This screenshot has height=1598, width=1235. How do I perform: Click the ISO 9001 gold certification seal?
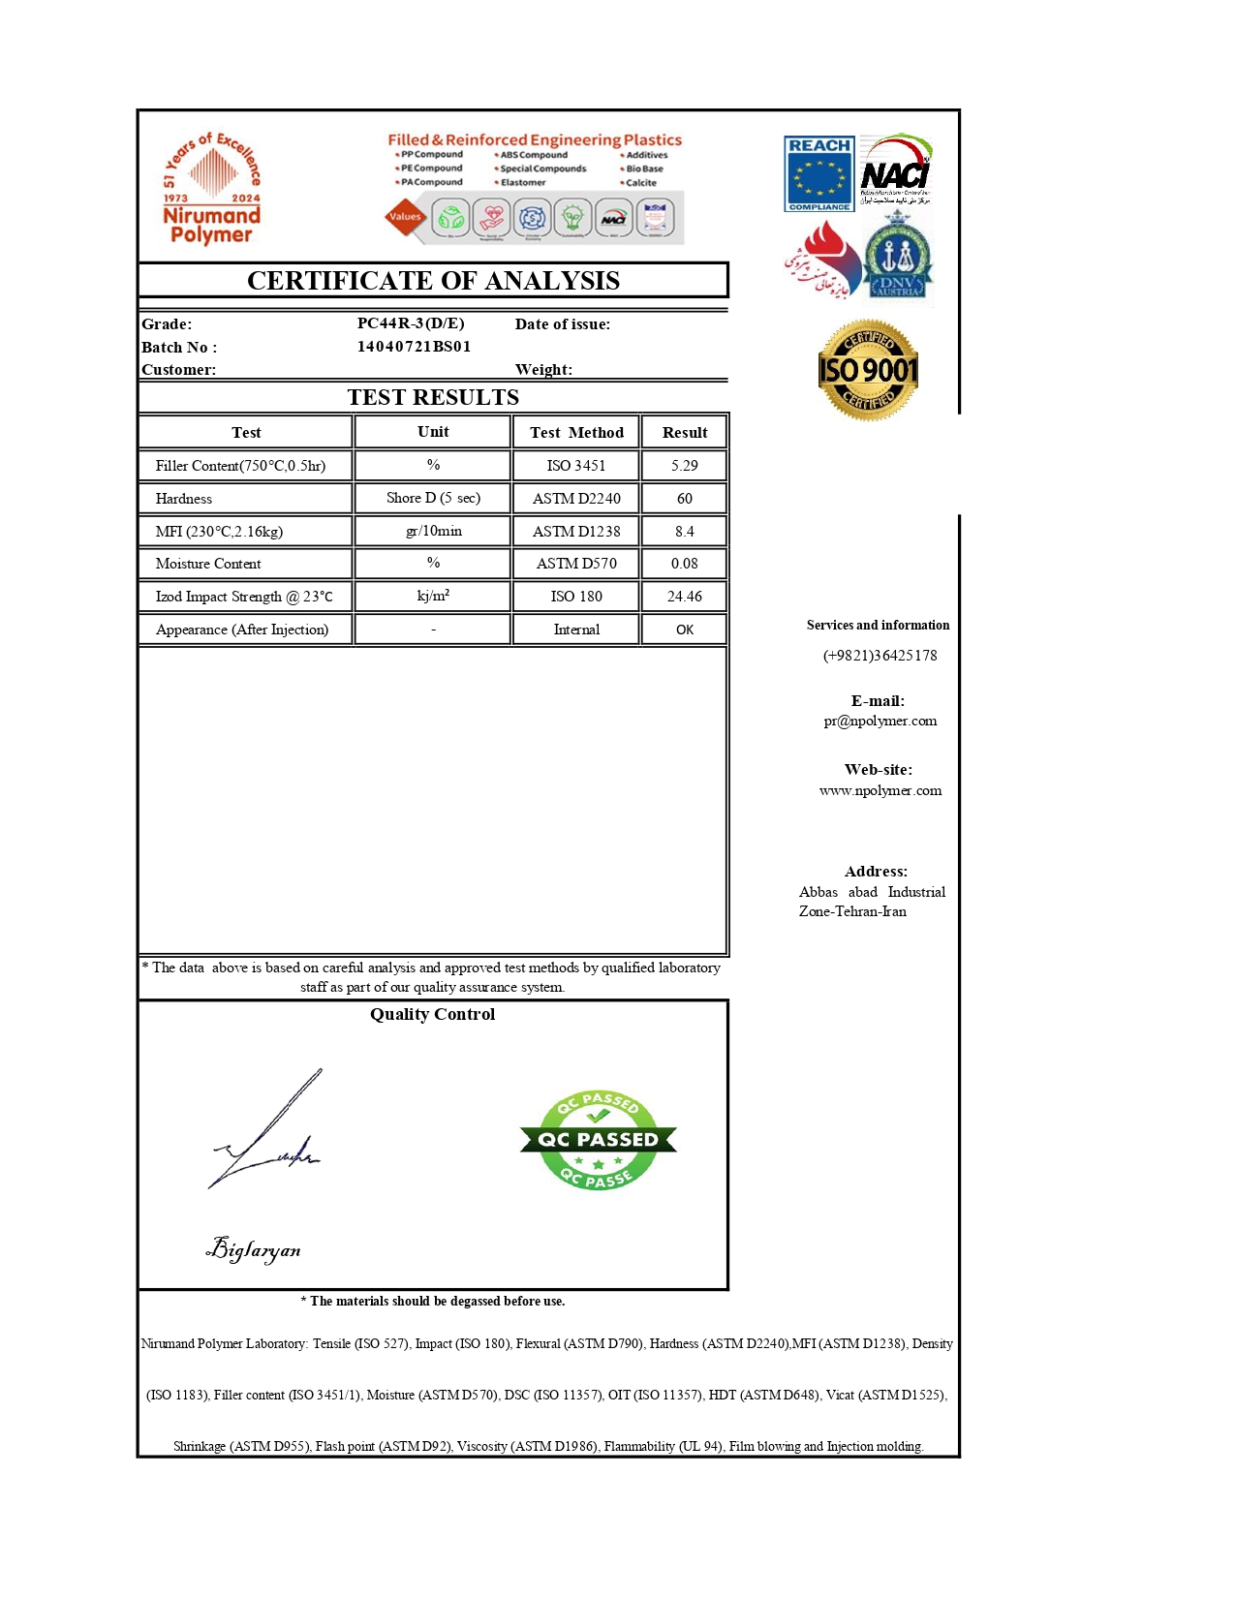point(868,370)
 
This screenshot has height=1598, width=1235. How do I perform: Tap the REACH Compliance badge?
point(818,173)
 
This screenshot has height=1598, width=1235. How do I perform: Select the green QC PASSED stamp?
point(598,1140)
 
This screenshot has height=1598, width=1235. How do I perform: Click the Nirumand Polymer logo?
point(211,188)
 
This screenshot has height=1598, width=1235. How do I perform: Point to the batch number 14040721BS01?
point(414,347)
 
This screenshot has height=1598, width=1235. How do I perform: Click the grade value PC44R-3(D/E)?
point(411,323)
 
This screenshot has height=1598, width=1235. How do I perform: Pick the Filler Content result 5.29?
point(684,466)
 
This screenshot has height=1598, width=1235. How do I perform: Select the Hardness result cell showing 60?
point(684,499)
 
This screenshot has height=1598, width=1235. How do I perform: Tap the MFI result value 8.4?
point(684,532)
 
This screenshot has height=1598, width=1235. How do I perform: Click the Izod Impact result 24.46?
point(684,597)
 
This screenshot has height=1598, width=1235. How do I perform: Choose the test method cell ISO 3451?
point(575,466)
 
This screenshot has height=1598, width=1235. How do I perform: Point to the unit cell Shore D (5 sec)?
point(433,498)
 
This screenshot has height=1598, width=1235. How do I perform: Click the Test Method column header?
point(576,433)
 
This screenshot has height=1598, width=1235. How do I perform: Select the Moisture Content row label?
point(208,564)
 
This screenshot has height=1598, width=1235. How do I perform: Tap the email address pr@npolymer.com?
point(880,721)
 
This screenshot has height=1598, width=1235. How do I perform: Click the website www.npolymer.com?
point(880,790)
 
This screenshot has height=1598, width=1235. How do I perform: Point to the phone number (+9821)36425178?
point(880,656)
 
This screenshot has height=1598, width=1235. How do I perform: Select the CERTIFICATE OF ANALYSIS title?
point(433,281)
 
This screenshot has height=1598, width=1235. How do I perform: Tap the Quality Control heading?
point(432,1014)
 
